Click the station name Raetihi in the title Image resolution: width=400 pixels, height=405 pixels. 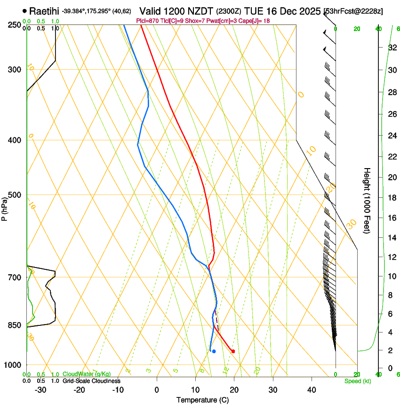(45, 10)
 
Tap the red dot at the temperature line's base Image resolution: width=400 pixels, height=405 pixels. (233, 351)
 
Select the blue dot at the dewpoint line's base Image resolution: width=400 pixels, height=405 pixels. (214, 351)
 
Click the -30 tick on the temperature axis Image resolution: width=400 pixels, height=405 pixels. (40, 389)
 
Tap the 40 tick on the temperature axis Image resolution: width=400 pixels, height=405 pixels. (311, 389)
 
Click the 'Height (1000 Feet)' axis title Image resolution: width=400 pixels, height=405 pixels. (367, 200)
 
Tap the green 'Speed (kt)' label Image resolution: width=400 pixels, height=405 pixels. (357, 381)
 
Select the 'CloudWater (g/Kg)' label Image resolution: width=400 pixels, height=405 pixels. (87, 374)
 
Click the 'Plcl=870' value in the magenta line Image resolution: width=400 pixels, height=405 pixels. (147, 21)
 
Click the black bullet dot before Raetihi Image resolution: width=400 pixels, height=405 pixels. (24, 10)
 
